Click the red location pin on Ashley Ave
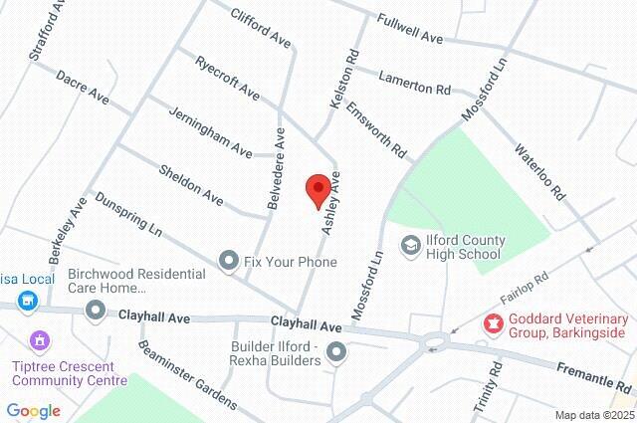click(318, 189)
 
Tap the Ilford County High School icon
click(409, 245)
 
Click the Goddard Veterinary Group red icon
click(492, 322)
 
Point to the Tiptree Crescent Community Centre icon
click(40, 341)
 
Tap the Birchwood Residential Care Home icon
click(96, 312)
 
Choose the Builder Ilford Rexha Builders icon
click(336, 351)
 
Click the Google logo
click(33, 411)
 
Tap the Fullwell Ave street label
click(410, 28)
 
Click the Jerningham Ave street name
click(210, 131)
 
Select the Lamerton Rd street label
click(414, 83)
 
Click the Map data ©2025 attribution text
click(592, 415)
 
